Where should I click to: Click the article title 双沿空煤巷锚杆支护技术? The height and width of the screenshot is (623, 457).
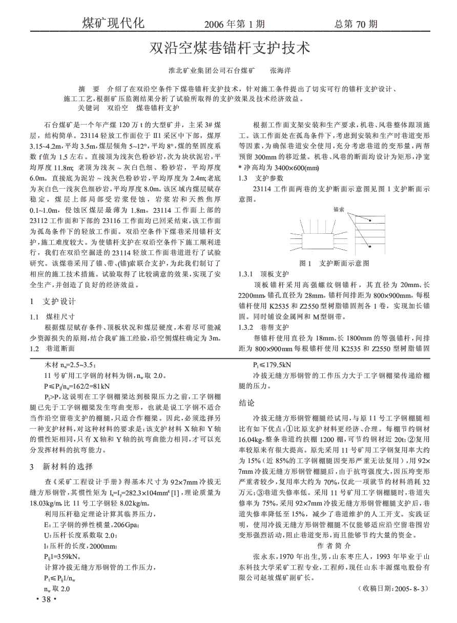tap(228, 49)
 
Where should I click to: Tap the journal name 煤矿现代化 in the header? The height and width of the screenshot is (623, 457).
tap(114, 23)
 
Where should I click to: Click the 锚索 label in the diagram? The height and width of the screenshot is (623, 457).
tap(339, 210)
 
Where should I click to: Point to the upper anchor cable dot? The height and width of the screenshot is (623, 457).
tap(370, 221)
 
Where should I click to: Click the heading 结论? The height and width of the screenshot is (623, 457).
tap(248, 403)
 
